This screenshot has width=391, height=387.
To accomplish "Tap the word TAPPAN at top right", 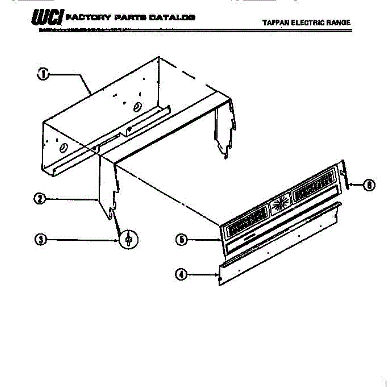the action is pyautogui.click(x=275, y=22).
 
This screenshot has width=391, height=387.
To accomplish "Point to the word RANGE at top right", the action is pyautogui.click(x=340, y=22).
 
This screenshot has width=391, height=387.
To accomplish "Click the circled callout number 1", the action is pyautogui.click(x=42, y=74).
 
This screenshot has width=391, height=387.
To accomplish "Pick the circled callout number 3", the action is pyautogui.click(x=40, y=240).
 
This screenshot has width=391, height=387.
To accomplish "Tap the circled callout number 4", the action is pyautogui.click(x=181, y=275).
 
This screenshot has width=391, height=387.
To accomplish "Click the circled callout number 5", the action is pyautogui.click(x=181, y=240).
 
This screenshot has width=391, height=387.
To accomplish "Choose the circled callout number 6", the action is pyautogui.click(x=369, y=185).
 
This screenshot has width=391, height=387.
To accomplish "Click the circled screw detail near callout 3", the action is pyautogui.click(x=128, y=240).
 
